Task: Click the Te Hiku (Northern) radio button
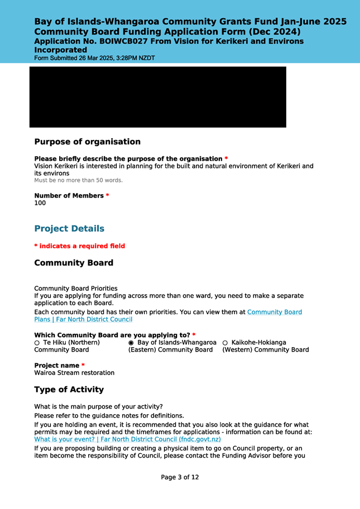tap(37, 342)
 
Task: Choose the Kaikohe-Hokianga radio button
tap(225, 342)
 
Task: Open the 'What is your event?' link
tap(119, 439)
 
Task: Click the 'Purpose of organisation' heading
tap(87, 142)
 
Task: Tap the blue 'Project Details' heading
tap(69, 229)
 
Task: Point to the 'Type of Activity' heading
tap(69, 389)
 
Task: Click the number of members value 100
tap(40, 203)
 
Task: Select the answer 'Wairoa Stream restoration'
tap(74, 372)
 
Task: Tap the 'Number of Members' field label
tap(71, 195)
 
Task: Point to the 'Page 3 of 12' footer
tap(180, 477)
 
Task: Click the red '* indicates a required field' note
tap(79, 246)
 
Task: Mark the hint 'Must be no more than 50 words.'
tap(78, 180)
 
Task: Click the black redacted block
tap(158, 97)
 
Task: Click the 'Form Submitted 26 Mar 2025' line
tap(94, 57)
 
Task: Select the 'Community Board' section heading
tap(74, 263)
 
